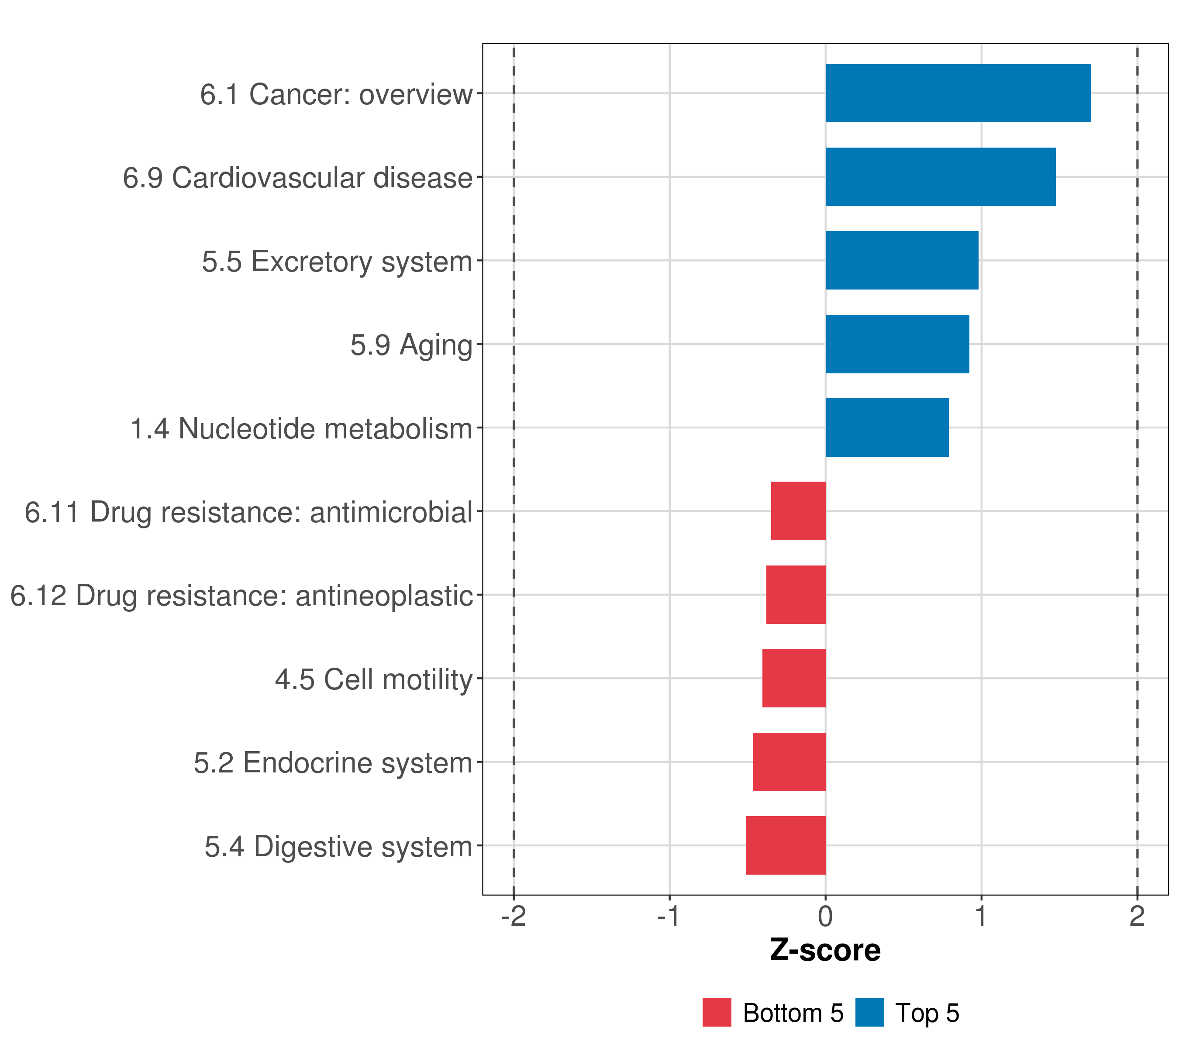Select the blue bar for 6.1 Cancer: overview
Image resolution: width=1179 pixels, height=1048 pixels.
click(958, 93)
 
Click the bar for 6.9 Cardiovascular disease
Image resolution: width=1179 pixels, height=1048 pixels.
click(940, 177)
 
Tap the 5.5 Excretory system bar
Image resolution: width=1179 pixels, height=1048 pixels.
click(902, 260)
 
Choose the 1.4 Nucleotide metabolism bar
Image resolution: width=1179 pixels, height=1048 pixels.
click(886, 427)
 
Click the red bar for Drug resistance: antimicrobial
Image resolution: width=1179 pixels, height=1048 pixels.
click(798, 511)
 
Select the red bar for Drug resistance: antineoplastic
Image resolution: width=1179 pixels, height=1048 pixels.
click(796, 595)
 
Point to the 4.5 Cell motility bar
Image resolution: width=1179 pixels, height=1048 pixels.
click(794, 678)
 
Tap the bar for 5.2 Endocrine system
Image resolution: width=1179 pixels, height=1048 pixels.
click(789, 762)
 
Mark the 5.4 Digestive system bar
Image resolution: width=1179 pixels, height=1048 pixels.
click(786, 845)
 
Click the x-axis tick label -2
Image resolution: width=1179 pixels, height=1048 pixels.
click(514, 917)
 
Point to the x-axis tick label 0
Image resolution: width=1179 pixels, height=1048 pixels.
click(825, 917)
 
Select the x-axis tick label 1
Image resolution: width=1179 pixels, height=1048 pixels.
click(981, 917)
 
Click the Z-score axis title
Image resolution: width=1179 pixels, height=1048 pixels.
click(825, 951)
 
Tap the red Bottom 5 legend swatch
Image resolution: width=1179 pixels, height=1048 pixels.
click(717, 1012)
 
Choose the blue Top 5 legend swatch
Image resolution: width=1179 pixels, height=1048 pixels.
click(869, 1012)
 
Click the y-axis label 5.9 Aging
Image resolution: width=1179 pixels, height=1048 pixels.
click(411, 345)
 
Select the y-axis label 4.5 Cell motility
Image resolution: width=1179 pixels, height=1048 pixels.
click(374, 679)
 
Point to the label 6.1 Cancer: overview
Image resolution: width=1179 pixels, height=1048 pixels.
click(336, 94)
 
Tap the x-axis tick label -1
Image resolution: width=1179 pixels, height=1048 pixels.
click(669, 917)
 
